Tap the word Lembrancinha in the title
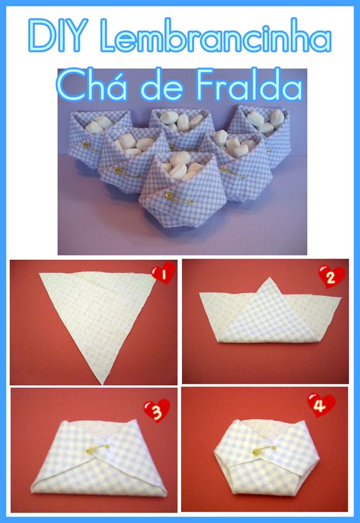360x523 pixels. (x=216, y=36)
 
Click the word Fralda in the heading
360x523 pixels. (x=250, y=85)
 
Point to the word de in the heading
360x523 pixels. (x=161, y=87)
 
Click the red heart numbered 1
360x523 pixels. (x=163, y=273)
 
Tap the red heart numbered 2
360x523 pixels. (x=331, y=277)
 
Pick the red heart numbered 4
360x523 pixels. (x=321, y=405)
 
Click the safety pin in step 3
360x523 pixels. (x=98, y=449)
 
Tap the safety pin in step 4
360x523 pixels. (x=264, y=450)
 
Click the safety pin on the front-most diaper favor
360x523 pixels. (x=179, y=199)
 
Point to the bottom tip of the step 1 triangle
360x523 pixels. (x=102, y=384)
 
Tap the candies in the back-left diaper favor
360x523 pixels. (x=99, y=125)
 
